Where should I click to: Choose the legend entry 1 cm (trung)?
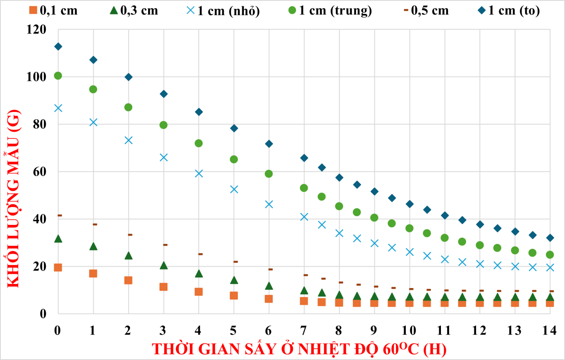pyautogui.click(x=330, y=10)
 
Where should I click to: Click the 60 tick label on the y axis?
pyautogui.click(x=41, y=172)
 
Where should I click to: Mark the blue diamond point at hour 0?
pyautogui.click(x=58, y=46)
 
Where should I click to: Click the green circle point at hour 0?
pyautogui.click(x=58, y=76)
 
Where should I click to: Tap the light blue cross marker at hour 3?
pyautogui.click(x=163, y=157)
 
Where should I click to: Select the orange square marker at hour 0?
pyautogui.click(x=58, y=267)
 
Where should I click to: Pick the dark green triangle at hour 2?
pyautogui.click(x=128, y=255)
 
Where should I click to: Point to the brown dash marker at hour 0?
pyautogui.click(x=60, y=215)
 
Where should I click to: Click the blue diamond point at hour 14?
pyautogui.click(x=550, y=238)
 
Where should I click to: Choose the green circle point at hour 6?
pyautogui.click(x=269, y=174)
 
